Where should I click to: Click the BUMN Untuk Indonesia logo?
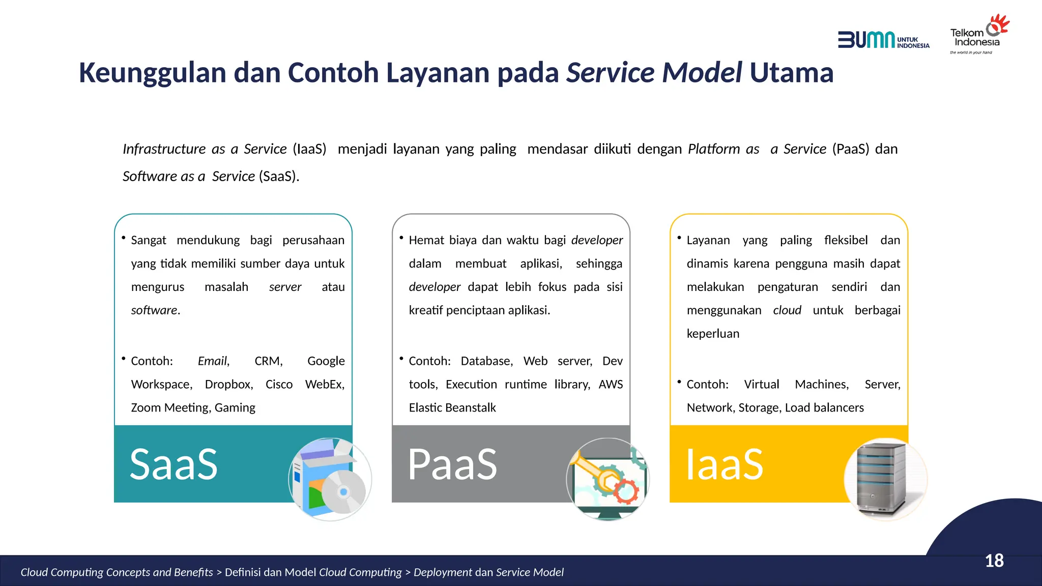883,40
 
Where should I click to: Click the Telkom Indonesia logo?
978,35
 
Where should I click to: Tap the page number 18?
994,561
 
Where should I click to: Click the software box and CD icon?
330,479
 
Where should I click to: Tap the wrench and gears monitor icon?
608,479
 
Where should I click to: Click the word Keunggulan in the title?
152,73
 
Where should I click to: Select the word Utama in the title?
791,73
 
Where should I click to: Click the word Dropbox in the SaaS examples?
228,385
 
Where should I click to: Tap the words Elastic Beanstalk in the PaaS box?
452,408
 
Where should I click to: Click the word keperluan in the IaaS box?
713,334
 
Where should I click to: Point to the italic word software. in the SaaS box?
156,310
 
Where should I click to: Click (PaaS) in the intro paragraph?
851,149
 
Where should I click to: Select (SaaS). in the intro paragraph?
279,177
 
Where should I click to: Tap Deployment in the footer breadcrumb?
443,572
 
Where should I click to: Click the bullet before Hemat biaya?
401,238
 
